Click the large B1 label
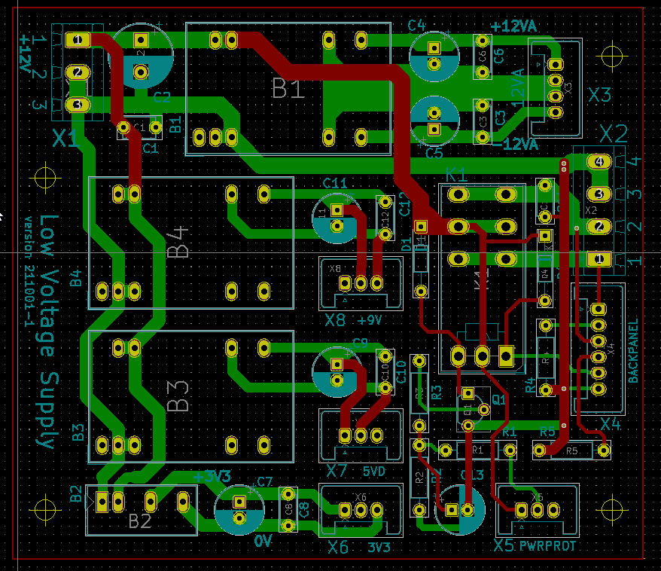[288, 90]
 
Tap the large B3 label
[179, 395]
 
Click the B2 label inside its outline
[140, 521]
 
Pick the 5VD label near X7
[373, 472]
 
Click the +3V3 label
[212, 477]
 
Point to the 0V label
[262, 542]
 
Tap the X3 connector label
[600, 96]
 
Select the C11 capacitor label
[334, 183]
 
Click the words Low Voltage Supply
[48, 331]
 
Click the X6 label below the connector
[339, 547]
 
